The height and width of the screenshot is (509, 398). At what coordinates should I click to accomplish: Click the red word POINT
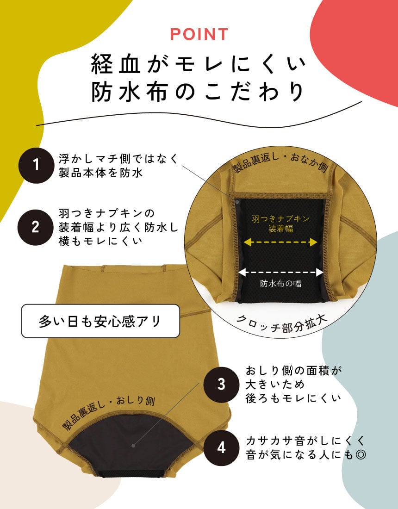pos(199,34)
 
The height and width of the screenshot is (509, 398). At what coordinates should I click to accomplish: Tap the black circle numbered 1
pos(36,165)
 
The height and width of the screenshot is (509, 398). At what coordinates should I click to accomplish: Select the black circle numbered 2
pos(36,227)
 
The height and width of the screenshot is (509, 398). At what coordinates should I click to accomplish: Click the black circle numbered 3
pos(221,384)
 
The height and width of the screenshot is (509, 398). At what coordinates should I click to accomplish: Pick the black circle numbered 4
pos(221,448)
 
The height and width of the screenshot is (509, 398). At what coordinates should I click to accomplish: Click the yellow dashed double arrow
pos(280,242)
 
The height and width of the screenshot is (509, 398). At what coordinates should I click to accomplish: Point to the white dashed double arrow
pos(281,273)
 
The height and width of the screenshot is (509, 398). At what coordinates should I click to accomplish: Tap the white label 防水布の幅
pos(280,284)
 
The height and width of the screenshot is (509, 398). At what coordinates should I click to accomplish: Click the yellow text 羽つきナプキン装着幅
pos(280,224)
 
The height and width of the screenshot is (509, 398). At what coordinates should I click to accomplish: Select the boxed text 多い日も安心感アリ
pos(100,322)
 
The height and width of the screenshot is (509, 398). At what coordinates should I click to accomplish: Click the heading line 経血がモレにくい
pos(199,64)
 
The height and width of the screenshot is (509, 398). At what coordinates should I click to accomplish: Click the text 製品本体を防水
pos(100,173)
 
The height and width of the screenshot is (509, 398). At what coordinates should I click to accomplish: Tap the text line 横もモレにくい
pos(100,241)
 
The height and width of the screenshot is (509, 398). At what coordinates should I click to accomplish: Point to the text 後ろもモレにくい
pos(293,398)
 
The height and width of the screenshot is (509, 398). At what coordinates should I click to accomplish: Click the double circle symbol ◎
pos(361,455)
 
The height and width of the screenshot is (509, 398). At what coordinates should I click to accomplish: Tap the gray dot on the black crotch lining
pos(133,446)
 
